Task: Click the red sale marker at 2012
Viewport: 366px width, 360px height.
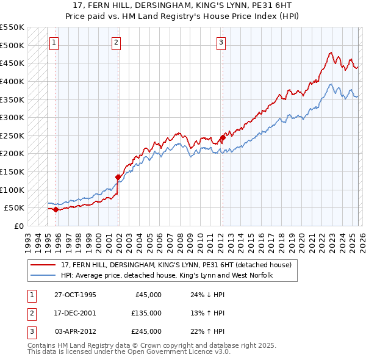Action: point(223,137)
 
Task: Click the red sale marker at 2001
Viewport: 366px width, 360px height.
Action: point(118,177)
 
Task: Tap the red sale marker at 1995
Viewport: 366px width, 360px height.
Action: point(56,209)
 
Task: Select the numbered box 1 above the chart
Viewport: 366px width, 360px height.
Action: point(54,43)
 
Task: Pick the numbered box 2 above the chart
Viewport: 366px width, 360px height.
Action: point(116,43)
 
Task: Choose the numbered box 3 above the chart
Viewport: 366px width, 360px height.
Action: point(220,43)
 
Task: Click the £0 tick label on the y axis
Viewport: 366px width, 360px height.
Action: point(20,226)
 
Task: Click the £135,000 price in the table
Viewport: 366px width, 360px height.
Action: point(146,313)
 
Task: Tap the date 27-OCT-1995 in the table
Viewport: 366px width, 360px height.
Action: point(75,295)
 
